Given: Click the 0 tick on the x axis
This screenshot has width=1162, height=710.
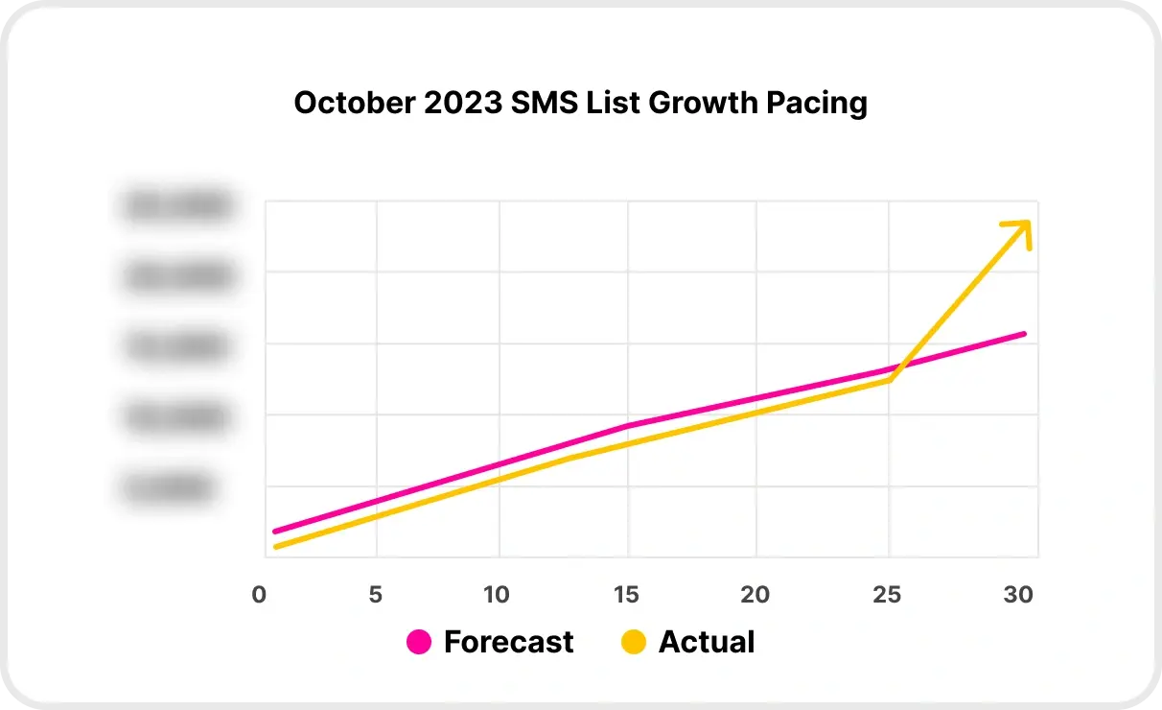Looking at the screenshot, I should [259, 595].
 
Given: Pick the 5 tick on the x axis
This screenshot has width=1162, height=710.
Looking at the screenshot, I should [376, 595].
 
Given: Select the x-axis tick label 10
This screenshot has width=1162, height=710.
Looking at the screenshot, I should [497, 595].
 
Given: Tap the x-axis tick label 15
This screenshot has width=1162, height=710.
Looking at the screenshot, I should [626, 595].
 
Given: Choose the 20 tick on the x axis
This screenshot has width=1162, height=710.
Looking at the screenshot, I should [755, 595].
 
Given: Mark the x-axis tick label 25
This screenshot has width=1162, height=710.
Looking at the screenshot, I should [888, 595].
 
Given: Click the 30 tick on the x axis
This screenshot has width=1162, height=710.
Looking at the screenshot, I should [1018, 595].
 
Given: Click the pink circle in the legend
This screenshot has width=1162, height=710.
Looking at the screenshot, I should [419, 642].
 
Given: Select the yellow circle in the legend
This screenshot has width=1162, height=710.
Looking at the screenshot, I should [634, 642].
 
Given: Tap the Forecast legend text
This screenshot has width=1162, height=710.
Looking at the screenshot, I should [508, 642].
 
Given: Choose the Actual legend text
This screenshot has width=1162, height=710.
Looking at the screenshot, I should [707, 642].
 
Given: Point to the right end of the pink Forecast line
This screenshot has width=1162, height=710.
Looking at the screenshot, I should [1024, 334].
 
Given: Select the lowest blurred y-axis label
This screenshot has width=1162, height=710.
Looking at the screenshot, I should [168, 488].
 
